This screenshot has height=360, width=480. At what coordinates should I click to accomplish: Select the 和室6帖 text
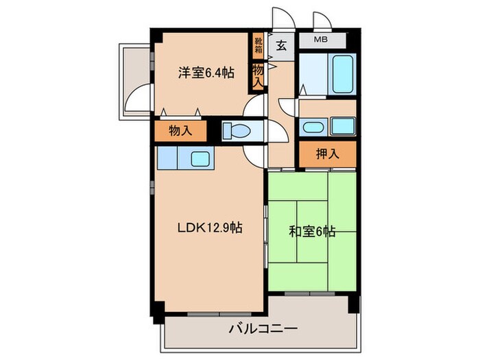point(311,232)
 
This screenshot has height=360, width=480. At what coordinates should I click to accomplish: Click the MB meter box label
point(320,40)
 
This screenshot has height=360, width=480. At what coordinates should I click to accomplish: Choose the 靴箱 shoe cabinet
point(259,46)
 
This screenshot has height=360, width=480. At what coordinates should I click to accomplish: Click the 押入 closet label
point(328,154)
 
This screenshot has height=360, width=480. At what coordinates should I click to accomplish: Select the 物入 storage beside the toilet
point(180,131)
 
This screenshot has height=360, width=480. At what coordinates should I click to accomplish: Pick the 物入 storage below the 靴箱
point(259,74)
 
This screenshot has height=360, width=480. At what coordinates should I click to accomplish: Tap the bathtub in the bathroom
point(341,75)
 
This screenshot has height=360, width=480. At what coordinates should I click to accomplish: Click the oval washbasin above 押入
point(313,126)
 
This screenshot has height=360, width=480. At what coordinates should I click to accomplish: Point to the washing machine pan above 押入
point(342,126)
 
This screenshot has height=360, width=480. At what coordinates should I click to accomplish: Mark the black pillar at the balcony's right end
point(353,302)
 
